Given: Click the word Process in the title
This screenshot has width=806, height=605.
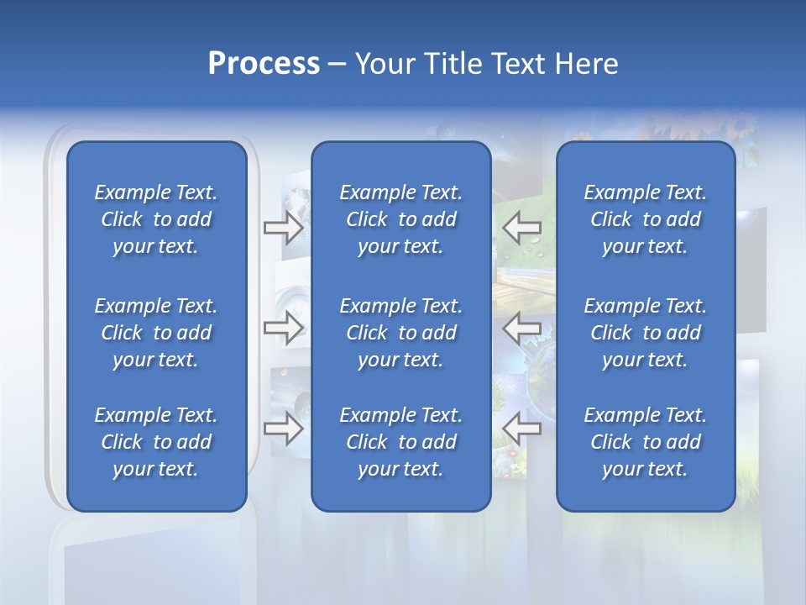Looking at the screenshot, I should pyautogui.click(x=264, y=64).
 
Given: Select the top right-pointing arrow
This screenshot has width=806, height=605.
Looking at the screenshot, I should pyautogui.click(x=283, y=228).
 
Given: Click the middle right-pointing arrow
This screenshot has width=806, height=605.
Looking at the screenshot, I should pyautogui.click(x=283, y=328).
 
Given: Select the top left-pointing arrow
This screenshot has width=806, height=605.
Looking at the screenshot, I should pyautogui.click(x=522, y=228).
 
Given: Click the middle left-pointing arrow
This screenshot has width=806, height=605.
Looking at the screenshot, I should pyautogui.click(x=522, y=328).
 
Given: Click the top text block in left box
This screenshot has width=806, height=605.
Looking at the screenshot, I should pyautogui.click(x=156, y=219).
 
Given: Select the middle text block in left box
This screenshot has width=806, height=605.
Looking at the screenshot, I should pyautogui.click(x=156, y=333).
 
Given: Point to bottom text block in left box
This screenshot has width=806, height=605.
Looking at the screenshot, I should pyautogui.click(x=156, y=442).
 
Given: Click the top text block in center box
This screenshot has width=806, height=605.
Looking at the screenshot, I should pyautogui.click(x=400, y=219).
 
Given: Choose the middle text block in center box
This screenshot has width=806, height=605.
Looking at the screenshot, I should pyautogui.click(x=400, y=333).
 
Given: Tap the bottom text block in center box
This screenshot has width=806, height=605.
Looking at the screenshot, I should pyautogui.click(x=400, y=442).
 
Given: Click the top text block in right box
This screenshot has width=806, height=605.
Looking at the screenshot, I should pyautogui.click(x=645, y=219).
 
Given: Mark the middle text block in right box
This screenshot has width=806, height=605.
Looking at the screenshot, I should pyautogui.click(x=645, y=333).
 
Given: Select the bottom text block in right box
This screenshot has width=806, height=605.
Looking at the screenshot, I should pyautogui.click(x=645, y=442).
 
